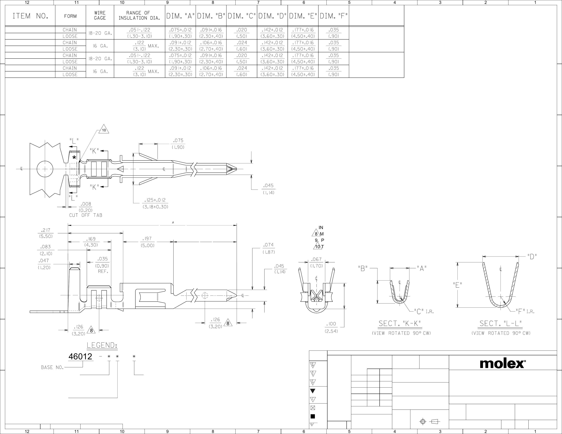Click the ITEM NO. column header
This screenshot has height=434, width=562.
[30, 16]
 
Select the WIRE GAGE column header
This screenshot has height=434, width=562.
[100, 15]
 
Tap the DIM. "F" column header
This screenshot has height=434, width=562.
[334, 16]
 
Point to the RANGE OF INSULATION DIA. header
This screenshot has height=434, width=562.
[139, 15]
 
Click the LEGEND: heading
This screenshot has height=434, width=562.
[102, 345]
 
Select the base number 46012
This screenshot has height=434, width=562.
[80, 356]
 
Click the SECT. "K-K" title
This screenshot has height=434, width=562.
[400, 323]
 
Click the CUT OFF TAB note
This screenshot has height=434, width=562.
[86, 215]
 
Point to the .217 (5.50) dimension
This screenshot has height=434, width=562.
[46, 233]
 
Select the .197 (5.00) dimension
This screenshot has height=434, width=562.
[147, 242]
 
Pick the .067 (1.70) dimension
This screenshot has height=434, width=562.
[316, 263]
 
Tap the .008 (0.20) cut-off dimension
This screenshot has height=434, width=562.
[86, 207]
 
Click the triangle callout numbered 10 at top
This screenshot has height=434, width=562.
[104, 129]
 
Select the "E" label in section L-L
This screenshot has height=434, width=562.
[457, 285]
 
